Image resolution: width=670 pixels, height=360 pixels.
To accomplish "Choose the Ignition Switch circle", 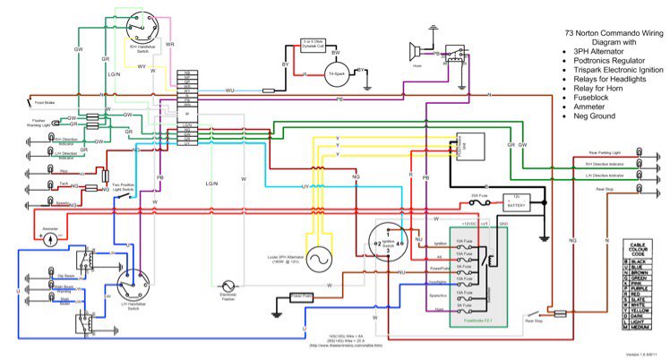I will click(x=383, y=241).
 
